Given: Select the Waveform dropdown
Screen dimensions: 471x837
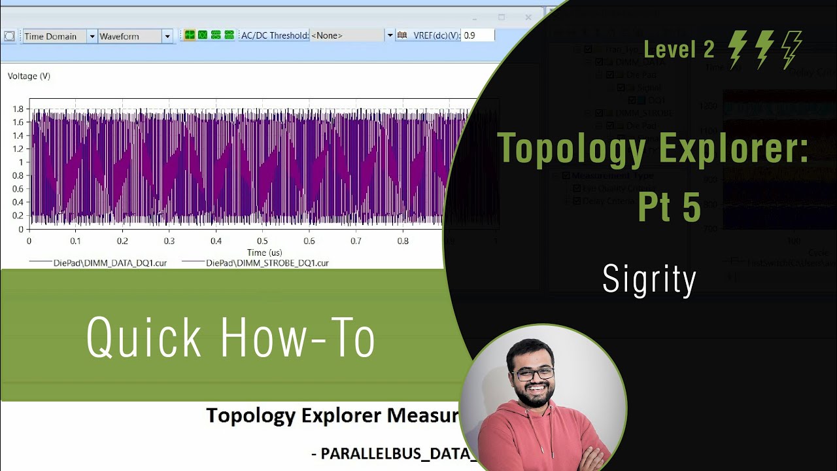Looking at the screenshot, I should click(135, 37).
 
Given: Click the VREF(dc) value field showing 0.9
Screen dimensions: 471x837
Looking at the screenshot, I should click(477, 35).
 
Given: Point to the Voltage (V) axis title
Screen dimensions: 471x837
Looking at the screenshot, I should click(29, 76).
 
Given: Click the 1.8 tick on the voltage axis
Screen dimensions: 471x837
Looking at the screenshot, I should click(18, 109).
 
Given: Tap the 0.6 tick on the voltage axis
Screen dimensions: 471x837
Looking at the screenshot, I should click(18, 189).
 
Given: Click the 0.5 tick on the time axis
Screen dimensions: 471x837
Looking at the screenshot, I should click(262, 241).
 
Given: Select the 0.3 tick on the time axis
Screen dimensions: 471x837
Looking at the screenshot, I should click(169, 241).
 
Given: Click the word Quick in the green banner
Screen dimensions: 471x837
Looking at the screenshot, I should click(145, 338).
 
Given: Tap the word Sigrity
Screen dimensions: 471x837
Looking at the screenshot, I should click(649, 279).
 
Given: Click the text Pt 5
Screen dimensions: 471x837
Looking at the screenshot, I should click(669, 208).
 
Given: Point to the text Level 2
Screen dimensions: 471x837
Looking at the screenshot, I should click(679, 49).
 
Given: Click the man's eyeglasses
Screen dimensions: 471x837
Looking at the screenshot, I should click(532, 374).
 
